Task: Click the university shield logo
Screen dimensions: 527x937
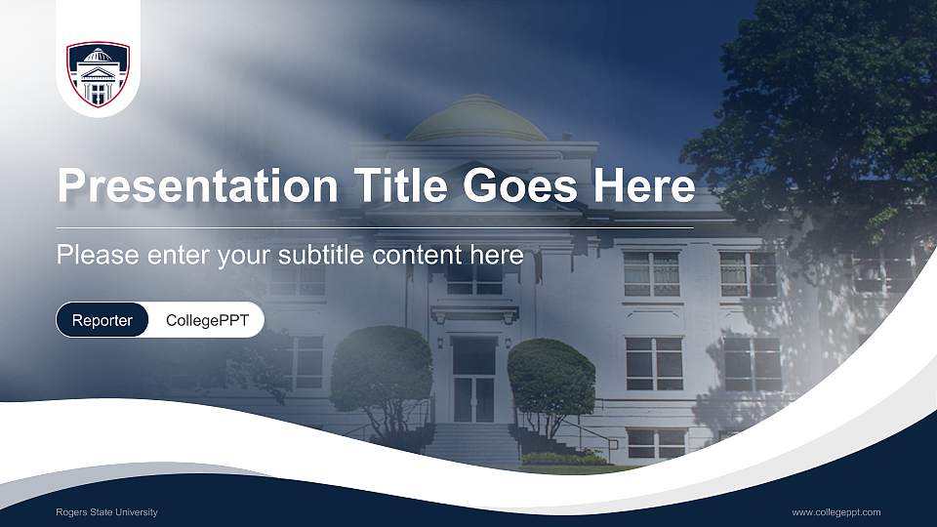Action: click(x=98, y=74)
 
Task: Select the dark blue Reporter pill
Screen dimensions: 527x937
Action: click(x=102, y=320)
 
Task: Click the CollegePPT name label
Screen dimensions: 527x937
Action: click(x=207, y=320)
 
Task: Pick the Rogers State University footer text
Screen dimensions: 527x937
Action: click(x=106, y=512)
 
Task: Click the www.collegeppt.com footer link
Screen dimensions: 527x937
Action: click(x=835, y=512)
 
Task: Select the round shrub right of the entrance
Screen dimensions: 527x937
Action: click(x=551, y=376)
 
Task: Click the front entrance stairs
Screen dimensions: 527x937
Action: click(x=472, y=444)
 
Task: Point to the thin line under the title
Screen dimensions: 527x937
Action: click(x=376, y=227)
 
